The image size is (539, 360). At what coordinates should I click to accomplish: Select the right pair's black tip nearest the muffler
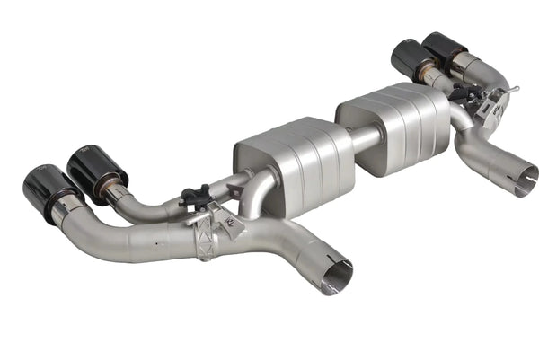[410, 59]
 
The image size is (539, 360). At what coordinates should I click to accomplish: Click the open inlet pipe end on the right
[519, 180]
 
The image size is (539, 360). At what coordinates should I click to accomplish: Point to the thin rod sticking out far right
[512, 90]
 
